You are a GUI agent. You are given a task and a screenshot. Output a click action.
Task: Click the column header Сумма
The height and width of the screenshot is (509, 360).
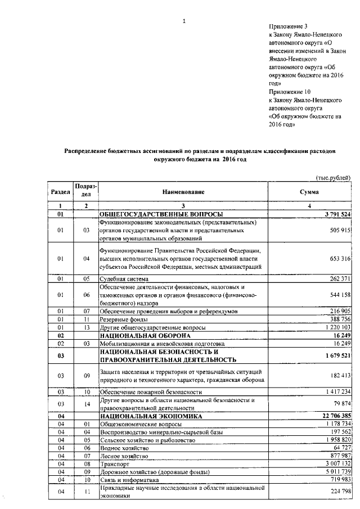click(x=309, y=192)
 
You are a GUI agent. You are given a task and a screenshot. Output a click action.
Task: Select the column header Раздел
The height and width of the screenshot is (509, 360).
click(x=60, y=192)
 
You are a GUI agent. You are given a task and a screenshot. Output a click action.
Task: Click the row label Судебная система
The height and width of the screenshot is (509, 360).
click(x=124, y=278)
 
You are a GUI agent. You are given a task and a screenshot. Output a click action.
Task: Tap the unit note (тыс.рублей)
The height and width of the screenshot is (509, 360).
click(x=332, y=178)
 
